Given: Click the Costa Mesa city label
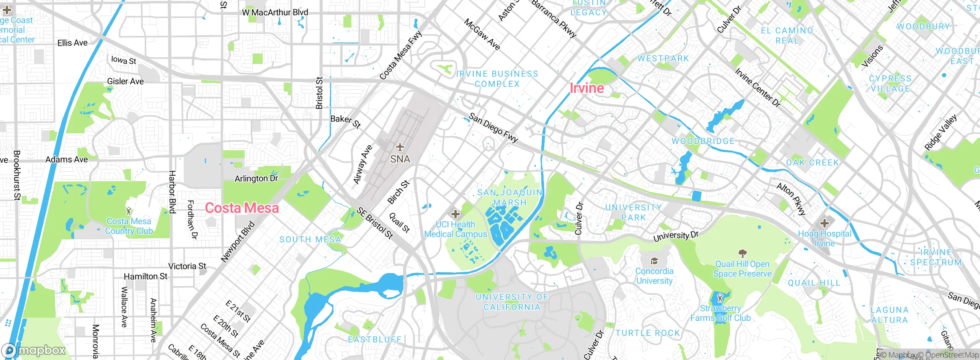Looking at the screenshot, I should [242, 208].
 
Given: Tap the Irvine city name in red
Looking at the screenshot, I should [586, 88].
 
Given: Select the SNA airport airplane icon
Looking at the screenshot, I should [400, 147].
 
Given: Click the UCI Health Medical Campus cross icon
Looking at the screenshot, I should [455, 214].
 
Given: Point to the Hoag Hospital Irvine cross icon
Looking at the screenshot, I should [824, 223].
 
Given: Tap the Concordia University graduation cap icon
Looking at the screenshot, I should [654, 261].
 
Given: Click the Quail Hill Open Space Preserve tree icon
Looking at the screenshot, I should [742, 253].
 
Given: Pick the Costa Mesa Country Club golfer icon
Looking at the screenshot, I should [129, 211].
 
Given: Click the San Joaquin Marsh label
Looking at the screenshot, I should [510, 197].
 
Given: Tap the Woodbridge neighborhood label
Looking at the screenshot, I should [703, 141].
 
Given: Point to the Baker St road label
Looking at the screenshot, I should [345, 121].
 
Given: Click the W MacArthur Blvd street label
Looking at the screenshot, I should [275, 12].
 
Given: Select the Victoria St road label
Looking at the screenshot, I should [187, 266].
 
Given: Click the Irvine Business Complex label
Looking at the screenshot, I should [497, 79].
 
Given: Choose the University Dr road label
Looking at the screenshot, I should [676, 236].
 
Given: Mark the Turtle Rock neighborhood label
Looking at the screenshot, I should [648, 333].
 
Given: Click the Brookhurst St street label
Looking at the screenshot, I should [17, 175].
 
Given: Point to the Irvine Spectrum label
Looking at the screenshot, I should [936, 257].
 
